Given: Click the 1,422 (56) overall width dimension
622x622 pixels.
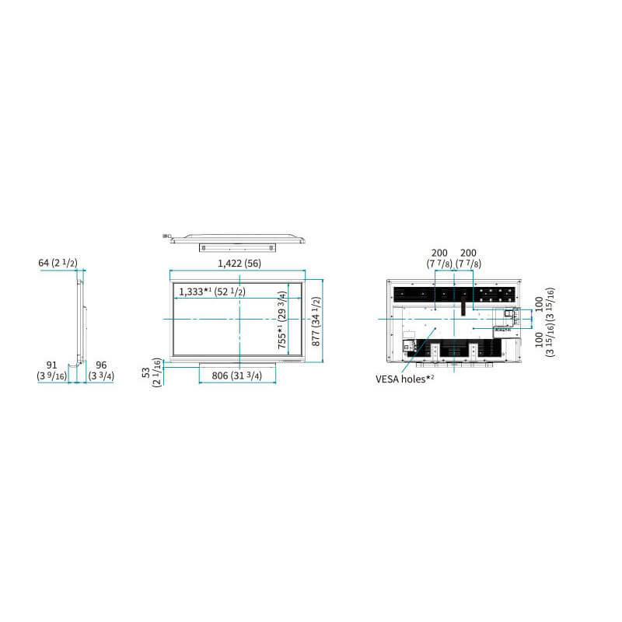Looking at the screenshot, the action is pyautogui.click(x=239, y=264).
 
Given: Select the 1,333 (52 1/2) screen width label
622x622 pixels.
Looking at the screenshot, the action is pyautogui.click(x=212, y=292).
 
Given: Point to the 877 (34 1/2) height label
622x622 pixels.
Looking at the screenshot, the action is pyautogui.click(x=316, y=322).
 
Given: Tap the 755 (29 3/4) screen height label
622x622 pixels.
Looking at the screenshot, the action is pyautogui.click(x=282, y=320).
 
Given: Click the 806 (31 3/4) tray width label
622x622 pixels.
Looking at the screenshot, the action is pyautogui.click(x=237, y=376).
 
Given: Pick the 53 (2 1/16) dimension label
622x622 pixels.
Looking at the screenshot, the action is pyautogui.click(x=152, y=372).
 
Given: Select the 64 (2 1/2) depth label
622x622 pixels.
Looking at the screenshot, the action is pyautogui.click(x=58, y=263).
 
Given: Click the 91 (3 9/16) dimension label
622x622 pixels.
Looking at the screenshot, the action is pyautogui.click(x=51, y=371).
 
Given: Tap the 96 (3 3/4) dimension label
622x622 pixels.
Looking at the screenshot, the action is pyautogui.click(x=101, y=371).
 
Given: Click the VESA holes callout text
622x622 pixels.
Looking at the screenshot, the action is pyautogui.click(x=404, y=379).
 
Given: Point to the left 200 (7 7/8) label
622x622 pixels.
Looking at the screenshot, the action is pyautogui.click(x=439, y=258).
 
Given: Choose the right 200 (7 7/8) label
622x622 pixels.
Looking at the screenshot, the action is pyautogui.click(x=469, y=258).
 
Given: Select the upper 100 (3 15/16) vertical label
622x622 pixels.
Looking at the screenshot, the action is pyautogui.click(x=544, y=305).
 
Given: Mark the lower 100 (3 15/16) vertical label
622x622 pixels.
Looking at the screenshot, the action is pyautogui.click(x=544, y=340).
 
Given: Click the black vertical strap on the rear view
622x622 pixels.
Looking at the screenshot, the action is pyautogui.click(x=463, y=306).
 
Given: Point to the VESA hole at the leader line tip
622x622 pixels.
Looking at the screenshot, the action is pyautogui.click(x=435, y=328).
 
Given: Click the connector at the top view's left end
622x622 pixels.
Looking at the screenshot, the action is pyautogui.click(x=166, y=236).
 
